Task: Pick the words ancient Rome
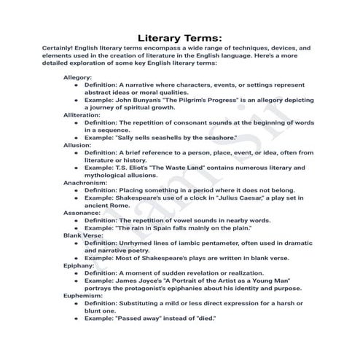click(x=108, y=205)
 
